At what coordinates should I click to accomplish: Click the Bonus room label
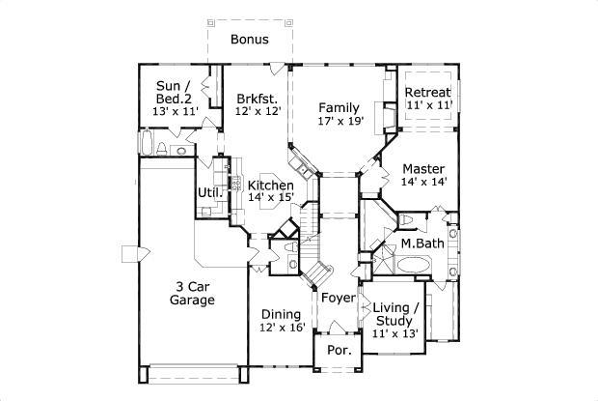click(x=249, y=40)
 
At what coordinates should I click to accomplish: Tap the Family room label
click(x=340, y=107)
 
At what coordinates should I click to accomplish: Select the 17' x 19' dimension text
click(x=340, y=122)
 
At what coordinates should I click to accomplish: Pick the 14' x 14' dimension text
click(x=422, y=182)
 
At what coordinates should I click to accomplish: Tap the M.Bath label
click(x=422, y=243)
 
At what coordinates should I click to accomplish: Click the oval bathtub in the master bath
click(x=417, y=265)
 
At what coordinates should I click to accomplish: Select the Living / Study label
click(x=393, y=314)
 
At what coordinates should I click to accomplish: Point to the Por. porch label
click(x=338, y=350)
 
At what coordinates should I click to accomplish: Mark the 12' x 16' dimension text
click(x=282, y=328)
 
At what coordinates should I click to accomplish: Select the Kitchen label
click(x=271, y=185)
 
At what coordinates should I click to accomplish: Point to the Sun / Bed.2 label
click(x=177, y=92)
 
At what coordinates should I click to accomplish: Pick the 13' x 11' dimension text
click(x=177, y=111)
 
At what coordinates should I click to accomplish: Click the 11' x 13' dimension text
click(x=393, y=333)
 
